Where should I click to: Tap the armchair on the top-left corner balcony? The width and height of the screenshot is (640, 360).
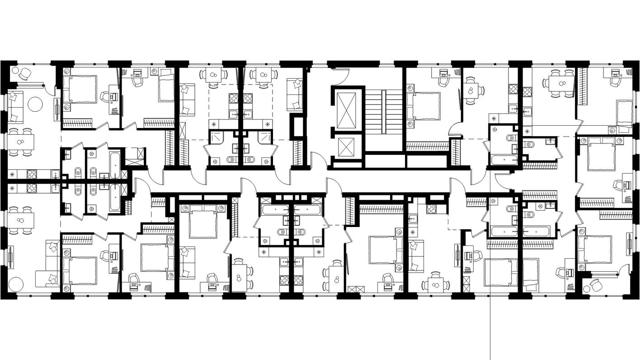click(24, 73)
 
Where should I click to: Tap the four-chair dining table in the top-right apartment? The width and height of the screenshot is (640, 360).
click(561, 83)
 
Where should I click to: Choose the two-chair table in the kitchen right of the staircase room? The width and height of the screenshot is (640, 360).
click(471, 90)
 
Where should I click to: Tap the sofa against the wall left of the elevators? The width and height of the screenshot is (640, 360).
click(295, 94)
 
